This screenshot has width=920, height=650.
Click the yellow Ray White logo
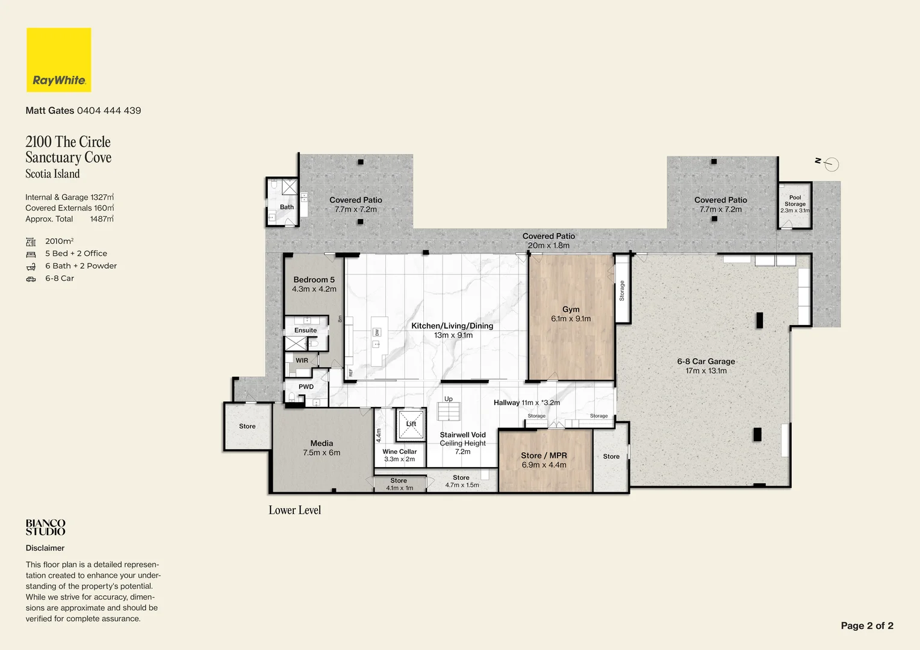(x=59, y=60)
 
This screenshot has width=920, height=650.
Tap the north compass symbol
(x=827, y=164)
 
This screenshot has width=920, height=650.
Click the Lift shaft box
(x=411, y=424)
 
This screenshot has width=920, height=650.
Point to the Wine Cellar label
(x=399, y=455)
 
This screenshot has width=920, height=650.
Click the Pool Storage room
(x=795, y=205)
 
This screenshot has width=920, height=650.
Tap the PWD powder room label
(x=306, y=386)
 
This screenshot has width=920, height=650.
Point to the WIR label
(x=302, y=360)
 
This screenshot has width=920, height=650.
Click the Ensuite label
(x=306, y=330)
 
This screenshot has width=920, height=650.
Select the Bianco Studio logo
(x=45, y=527)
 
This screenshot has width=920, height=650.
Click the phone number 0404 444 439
(x=109, y=111)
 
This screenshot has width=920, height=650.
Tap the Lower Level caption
(x=294, y=510)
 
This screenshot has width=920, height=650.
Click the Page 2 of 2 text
(x=867, y=625)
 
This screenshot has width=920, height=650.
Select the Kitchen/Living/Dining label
(x=452, y=326)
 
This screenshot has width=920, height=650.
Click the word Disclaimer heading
(x=45, y=548)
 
